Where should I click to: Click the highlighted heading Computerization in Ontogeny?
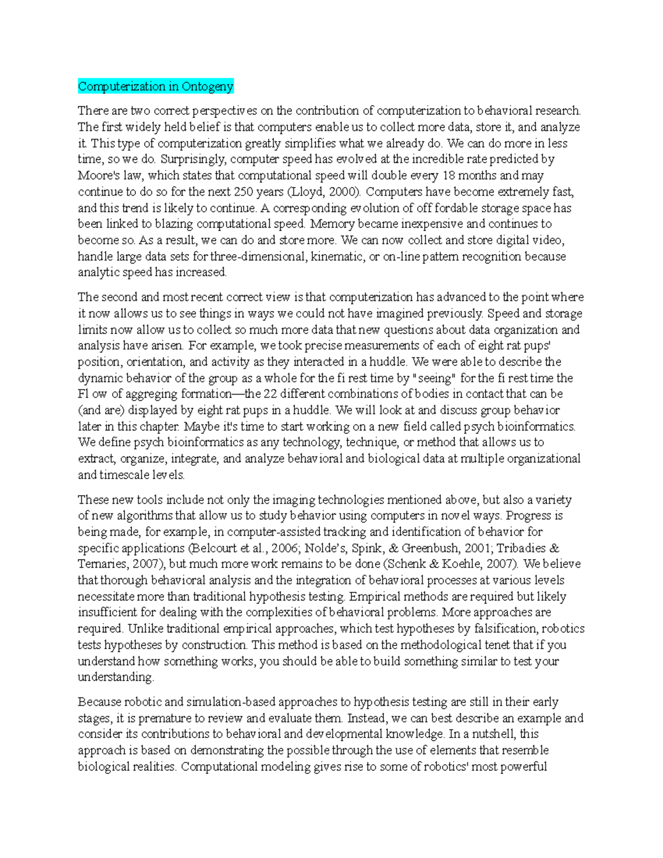(x=156, y=86)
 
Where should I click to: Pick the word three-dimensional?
(x=262, y=256)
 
